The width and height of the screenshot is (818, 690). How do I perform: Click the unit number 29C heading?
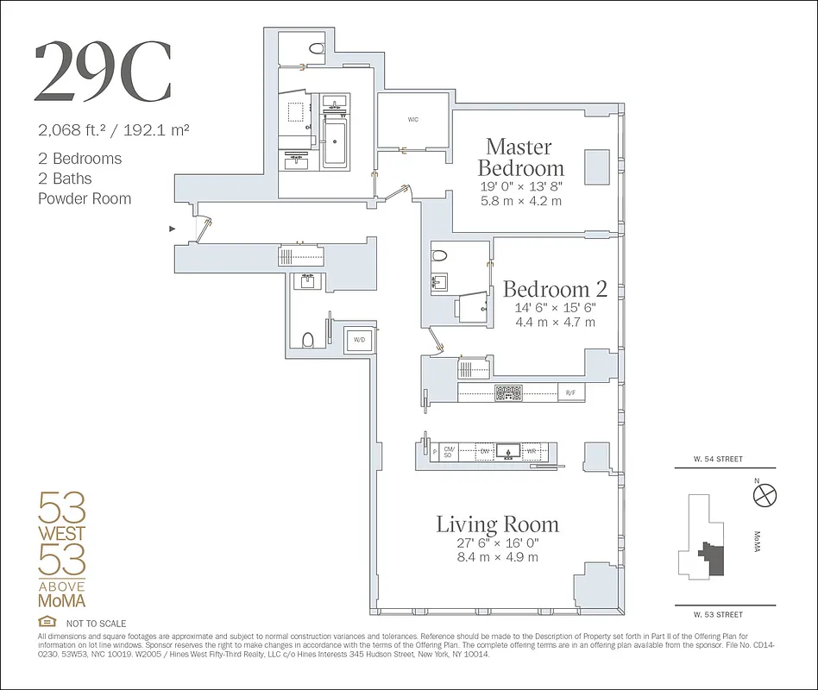click(x=103, y=72)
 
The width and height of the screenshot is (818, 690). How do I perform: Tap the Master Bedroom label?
click(x=519, y=157)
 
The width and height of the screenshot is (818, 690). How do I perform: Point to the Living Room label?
click(x=497, y=524)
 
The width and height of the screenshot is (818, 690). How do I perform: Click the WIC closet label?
click(x=412, y=120)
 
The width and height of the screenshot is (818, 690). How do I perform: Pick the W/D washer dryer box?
click(x=358, y=341)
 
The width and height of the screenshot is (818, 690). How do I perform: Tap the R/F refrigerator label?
click(x=570, y=393)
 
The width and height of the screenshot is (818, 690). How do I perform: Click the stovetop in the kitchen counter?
click(x=508, y=393)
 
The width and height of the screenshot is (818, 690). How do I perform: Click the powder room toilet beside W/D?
click(x=307, y=338)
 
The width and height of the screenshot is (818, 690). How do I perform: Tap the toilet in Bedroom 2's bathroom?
click(x=439, y=256)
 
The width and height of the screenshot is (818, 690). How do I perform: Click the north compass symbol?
click(x=765, y=495)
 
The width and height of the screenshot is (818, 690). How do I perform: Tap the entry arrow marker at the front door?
click(x=173, y=229)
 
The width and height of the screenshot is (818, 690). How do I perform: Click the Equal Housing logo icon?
click(x=47, y=623)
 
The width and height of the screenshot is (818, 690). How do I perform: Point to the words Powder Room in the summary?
click(x=85, y=198)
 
